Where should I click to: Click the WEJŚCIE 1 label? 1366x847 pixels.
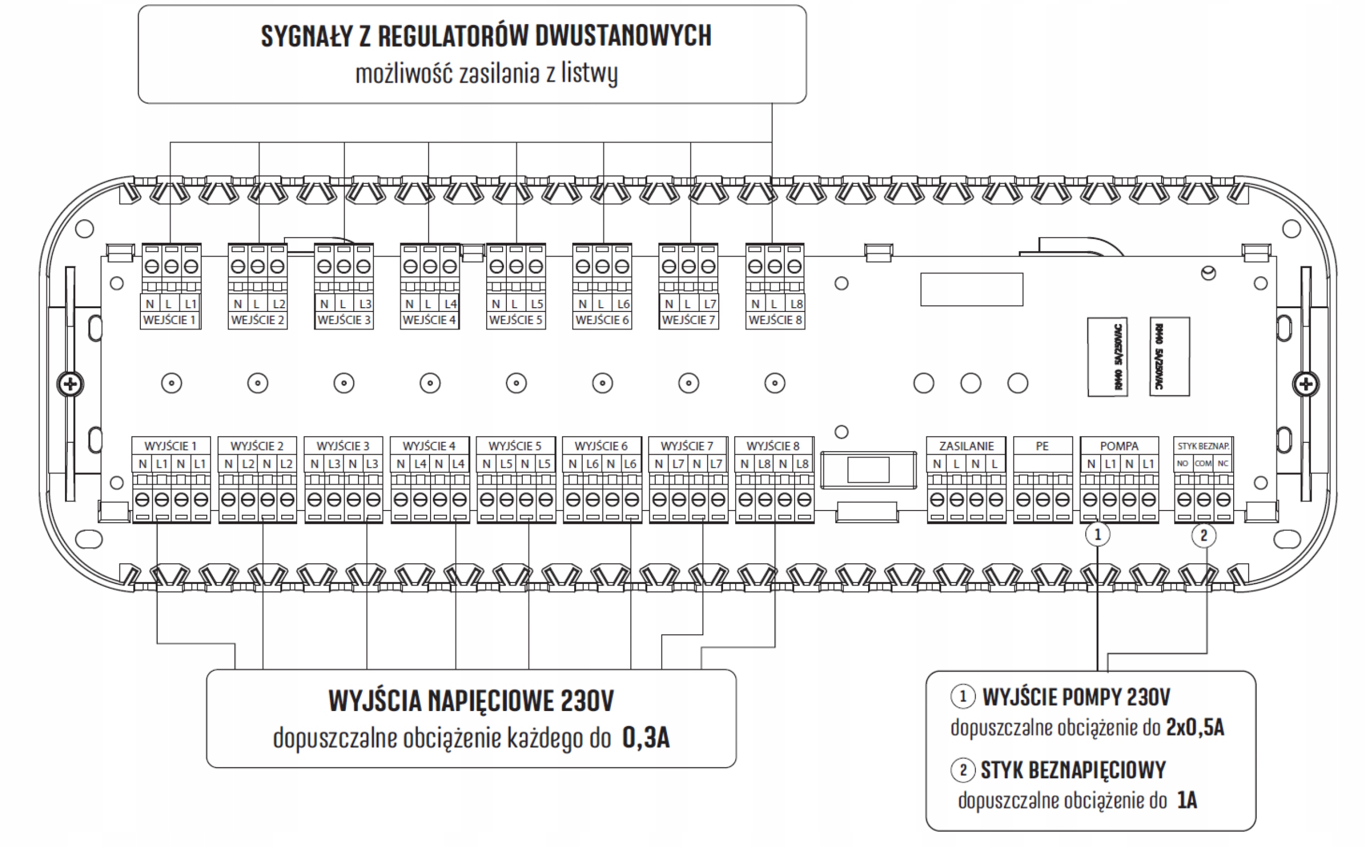tap(169, 320)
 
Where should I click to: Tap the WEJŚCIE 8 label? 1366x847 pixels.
tap(775, 320)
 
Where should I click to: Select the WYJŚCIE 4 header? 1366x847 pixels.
tap(428, 446)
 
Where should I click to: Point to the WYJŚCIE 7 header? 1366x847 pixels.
tap(687, 446)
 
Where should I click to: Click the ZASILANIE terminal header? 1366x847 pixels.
tap(966, 446)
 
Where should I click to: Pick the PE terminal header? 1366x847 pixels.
tap(1042, 446)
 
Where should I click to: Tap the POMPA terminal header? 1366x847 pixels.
tap(1118, 446)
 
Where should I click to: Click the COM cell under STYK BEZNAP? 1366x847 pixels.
tap(1202, 464)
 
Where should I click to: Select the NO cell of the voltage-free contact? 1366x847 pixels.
tap(1182, 464)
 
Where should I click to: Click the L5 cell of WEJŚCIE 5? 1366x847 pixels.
tap(536, 303)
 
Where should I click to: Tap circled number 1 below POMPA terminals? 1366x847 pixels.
tap(1097, 534)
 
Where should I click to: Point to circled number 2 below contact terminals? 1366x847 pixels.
tap(1203, 536)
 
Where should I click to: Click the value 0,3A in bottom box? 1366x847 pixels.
tap(646, 738)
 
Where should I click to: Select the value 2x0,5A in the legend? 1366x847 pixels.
tap(1195, 728)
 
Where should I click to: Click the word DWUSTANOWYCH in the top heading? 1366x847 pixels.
tap(623, 36)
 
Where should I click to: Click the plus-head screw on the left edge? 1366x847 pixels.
tap(70, 384)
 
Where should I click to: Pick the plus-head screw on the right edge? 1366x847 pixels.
tap(1306, 384)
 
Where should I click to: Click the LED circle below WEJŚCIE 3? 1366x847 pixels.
tap(344, 383)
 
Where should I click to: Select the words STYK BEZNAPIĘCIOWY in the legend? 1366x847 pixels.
tap(1073, 770)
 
